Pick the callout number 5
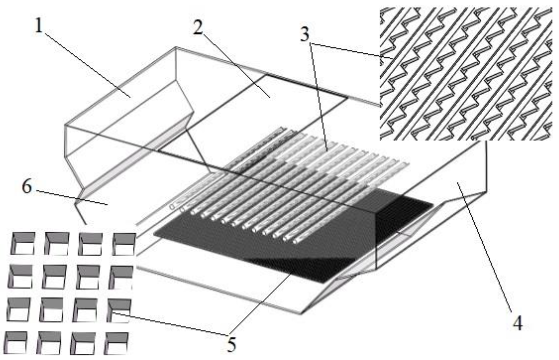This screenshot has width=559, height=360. (x=231, y=344)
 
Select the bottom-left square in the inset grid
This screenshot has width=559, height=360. (x=16, y=343)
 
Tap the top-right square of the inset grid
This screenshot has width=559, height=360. (x=124, y=244)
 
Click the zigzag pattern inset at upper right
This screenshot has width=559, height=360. (x=466, y=74)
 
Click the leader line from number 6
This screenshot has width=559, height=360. (x=71, y=198)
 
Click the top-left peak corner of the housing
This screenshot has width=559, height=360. (x=176, y=47)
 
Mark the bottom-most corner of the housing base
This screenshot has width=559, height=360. (x=301, y=314)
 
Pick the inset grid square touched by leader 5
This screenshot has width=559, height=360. (x=119, y=310)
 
